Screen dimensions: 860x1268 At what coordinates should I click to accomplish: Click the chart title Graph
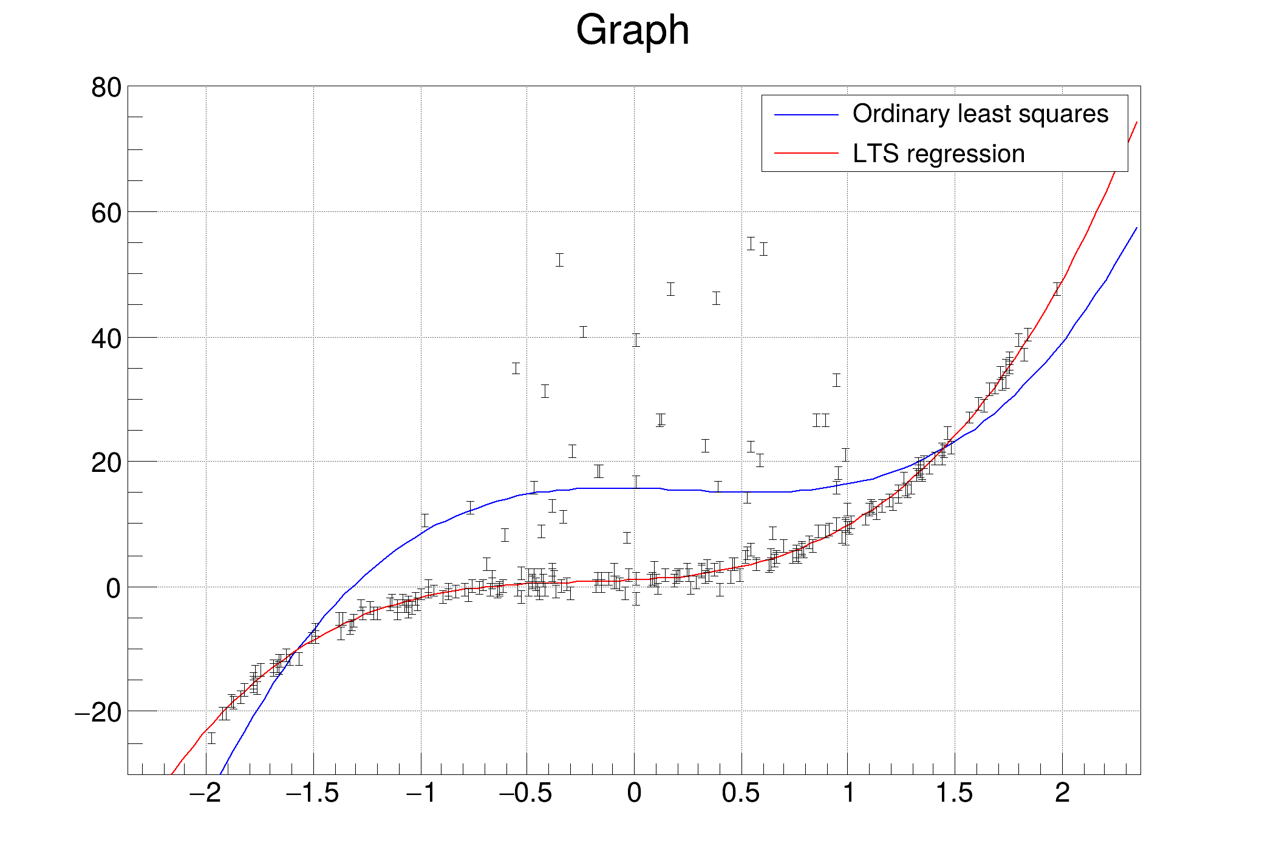click(632, 30)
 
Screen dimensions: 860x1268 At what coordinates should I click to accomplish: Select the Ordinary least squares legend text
click(980, 114)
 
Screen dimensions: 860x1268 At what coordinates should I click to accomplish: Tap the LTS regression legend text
click(938, 154)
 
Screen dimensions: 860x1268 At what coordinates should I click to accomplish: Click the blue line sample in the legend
click(806, 115)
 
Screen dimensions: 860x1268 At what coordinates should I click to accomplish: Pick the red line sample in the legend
click(806, 153)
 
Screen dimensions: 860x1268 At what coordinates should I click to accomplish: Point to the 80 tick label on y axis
click(106, 88)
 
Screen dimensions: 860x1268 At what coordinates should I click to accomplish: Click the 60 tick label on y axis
click(106, 214)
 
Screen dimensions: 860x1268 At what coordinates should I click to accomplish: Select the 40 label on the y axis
click(106, 339)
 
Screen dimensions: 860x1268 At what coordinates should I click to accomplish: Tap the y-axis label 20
click(106, 463)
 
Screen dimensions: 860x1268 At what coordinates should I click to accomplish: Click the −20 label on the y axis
click(98, 712)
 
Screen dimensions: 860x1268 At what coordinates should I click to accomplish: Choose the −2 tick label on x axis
click(205, 793)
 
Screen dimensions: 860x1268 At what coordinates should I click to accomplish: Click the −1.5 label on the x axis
click(312, 793)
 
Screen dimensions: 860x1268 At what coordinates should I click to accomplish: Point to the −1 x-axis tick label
click(421, 793)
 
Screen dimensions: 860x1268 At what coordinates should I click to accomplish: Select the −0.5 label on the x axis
click(526, 793)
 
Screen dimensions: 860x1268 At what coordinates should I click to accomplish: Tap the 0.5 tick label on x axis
click(741, 793)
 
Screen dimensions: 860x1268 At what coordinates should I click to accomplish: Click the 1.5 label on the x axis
click(955, 793)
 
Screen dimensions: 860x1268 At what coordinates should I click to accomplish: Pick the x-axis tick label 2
click(1062, 793)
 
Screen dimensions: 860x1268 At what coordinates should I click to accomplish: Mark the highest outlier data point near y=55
click(751, 244)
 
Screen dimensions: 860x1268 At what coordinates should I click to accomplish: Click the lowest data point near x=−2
click(211, 738)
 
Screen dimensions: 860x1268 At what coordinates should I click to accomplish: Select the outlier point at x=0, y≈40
click(636, 340)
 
